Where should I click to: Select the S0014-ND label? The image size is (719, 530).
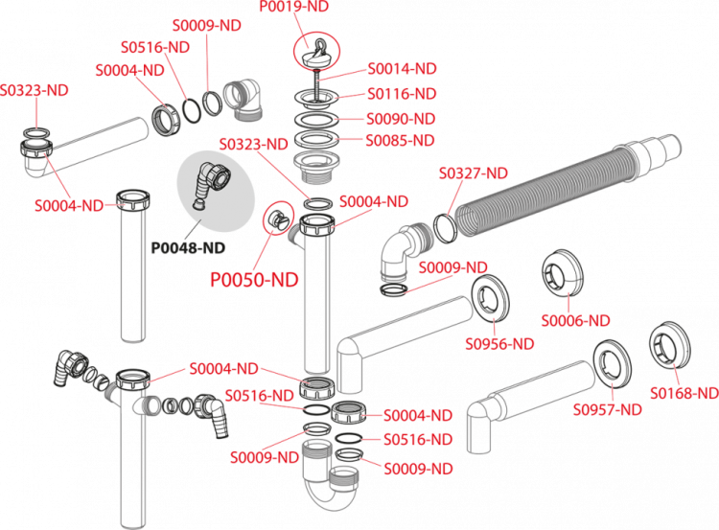403,69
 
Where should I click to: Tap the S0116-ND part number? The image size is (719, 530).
403,94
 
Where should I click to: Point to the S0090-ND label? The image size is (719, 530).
403,119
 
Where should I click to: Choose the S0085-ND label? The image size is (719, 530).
403,140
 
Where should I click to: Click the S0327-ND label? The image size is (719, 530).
473,173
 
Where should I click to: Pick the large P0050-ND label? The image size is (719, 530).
254,280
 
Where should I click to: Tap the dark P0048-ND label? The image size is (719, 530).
188,247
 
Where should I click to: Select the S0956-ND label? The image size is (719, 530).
499,343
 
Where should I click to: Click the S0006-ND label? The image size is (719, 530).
575,320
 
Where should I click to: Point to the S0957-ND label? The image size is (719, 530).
607,410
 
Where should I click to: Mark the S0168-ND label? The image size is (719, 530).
684,393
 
